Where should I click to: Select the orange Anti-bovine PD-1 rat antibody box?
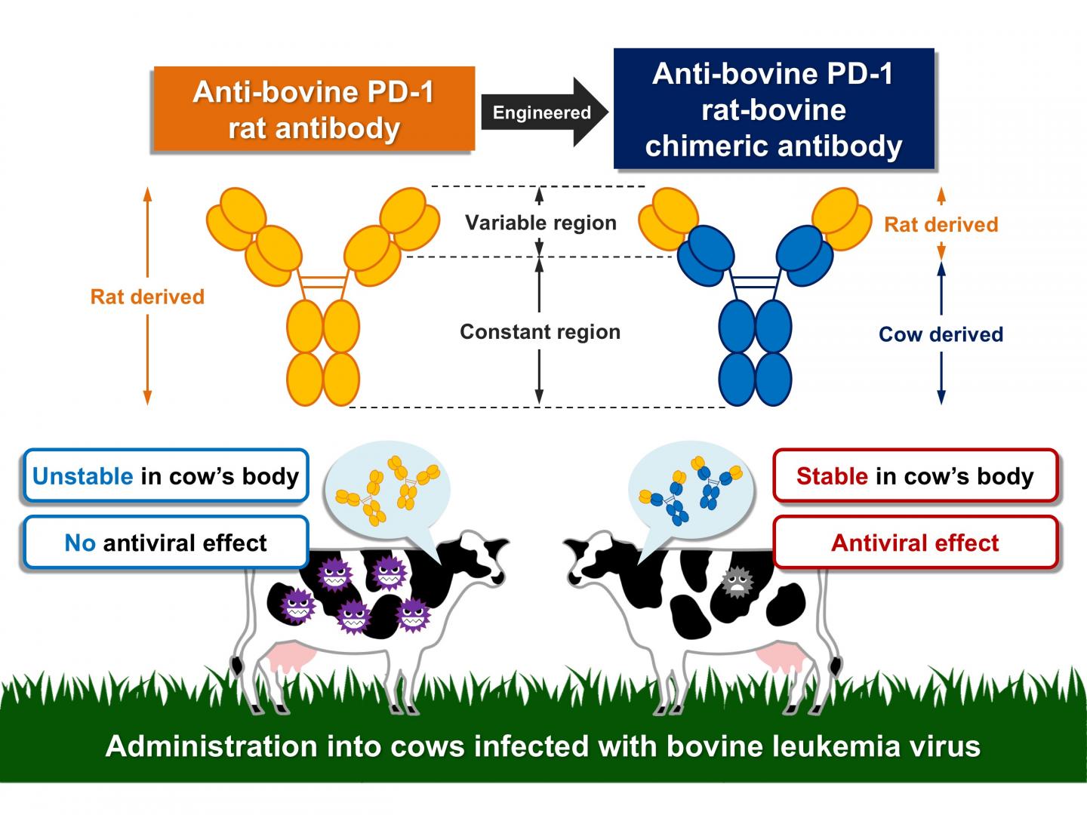tap(313, 110)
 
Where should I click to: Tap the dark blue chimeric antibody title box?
tap(774, 109)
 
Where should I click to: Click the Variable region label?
tap(540, 223)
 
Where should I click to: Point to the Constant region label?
tap(540, 332)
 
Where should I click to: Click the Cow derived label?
tap(941, 334)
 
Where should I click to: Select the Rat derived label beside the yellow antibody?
tap(147, 297)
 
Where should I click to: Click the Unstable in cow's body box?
tap(166, 476)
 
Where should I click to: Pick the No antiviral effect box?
tap(166, 543)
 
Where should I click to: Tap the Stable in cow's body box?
tap(915, 476)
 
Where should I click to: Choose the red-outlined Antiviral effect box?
tap(915, 543)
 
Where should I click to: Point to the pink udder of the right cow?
tap(778, 655)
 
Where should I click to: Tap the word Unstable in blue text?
tap(83, 476)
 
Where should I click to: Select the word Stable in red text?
tap(832, 476)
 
